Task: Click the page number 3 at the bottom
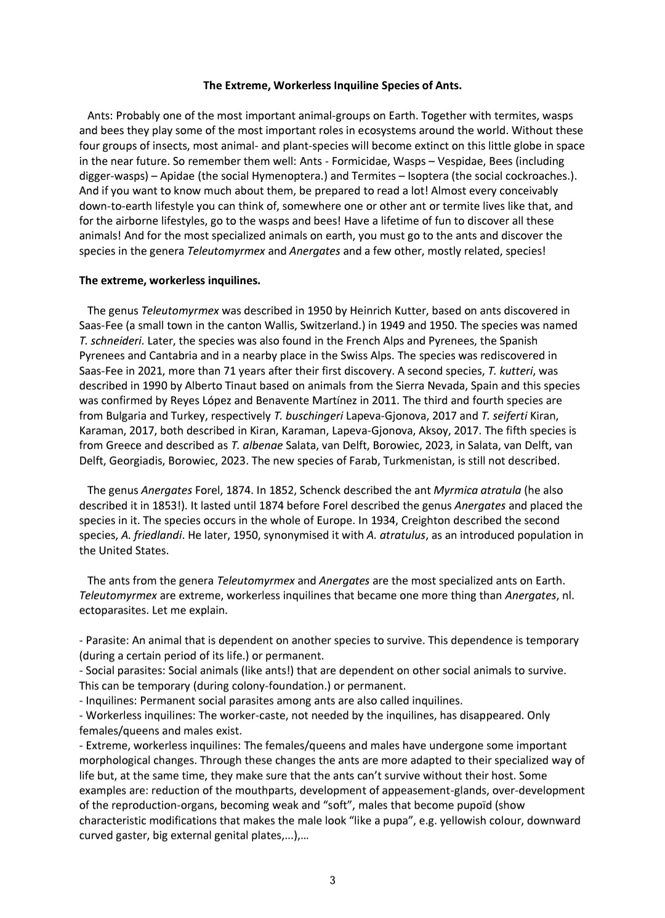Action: point(332,880)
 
